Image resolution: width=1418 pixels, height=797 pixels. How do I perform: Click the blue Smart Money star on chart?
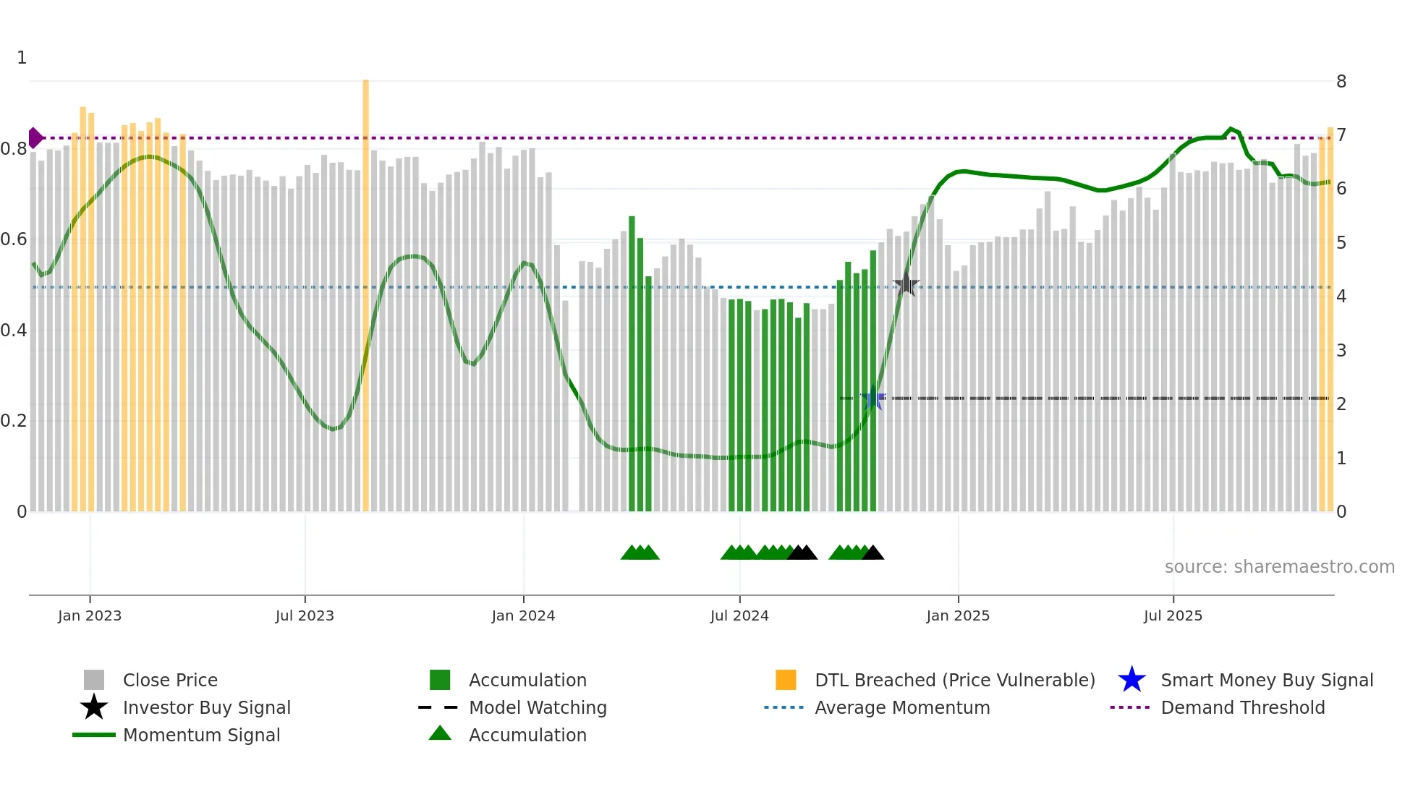pyautogui.click(x=873, y=399)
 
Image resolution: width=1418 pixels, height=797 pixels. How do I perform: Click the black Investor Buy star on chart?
pyautogui.click(x=906, y=285)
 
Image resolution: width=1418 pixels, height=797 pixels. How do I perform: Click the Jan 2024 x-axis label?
pyautogui.click(x=523, y=616)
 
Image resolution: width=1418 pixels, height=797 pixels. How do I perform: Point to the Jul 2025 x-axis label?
pyautogui.click(x=1173, y=616)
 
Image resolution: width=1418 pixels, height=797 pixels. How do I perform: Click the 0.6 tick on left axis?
pyautogui.click(x=14, y=239)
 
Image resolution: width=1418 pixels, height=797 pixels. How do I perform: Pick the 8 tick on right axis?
pyautogui.click(x=1341, y=82)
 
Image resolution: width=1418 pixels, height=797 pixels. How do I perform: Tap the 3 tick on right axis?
pyautogui.click(x=1341, y=351)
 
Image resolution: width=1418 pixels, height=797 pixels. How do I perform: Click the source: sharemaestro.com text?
pyautogui.click(x=1279, y=567)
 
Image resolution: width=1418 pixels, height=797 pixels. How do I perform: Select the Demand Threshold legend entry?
pyautogui.click(x=1242, y=708)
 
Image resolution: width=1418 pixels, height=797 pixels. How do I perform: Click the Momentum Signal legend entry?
pyautogui.click(x=201, y=736)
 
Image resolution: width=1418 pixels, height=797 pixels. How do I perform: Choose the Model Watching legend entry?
pyautogui.click(x=538, y=708)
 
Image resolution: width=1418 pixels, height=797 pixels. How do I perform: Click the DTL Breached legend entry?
pyautogui.click(x=954, y=681)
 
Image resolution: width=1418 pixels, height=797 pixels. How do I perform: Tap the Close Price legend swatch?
pyautogui.click(x=94, y=681)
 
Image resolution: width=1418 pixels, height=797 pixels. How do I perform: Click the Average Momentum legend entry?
pyautogui.click(x=901, y=708)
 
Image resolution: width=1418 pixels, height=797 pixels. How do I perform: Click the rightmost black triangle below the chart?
pyautogui.click(x=873, y=553)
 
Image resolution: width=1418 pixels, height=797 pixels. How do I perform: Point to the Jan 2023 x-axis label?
pyautogui.click(x=90, y=616)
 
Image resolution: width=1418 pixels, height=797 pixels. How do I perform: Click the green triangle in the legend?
pyautogui.click(x=440, y=733)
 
